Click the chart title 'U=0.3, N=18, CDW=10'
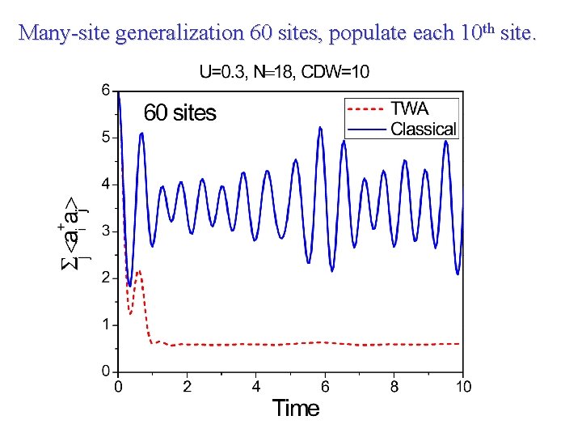click(x=284, y=72)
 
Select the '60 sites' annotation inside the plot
click(x=179, y=112)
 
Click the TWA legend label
click(x=409, y=108)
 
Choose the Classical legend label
click(x=423, y=129)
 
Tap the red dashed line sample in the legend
click(x=366, y=108)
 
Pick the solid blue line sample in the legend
click(x=366, y=129)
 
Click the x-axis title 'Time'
click(x=296, y=409)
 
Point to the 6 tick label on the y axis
click(x=105, y=91)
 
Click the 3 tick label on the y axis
click(x=105, y=231)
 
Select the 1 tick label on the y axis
click(x=105, y=325)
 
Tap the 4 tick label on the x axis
click(x=256, y=387)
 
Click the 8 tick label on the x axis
click(x=394, y=387)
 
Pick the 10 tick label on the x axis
click(x=462, y=387)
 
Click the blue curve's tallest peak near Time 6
click(x=321, y=127)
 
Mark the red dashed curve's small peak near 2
click(x=139, y=272)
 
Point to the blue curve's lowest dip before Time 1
click(x=130, y=285)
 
